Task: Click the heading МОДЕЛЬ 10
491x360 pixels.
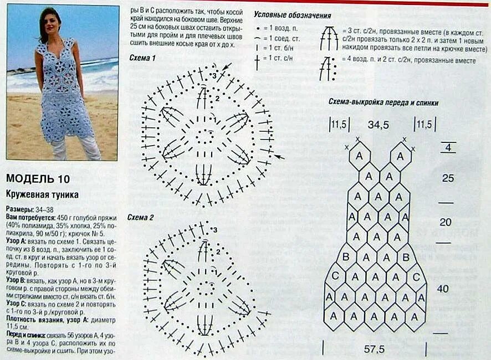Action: click(x=38, y=178)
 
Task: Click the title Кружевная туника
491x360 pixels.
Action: click(x=42, y=195)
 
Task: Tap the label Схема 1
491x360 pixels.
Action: click(x=142, y=58)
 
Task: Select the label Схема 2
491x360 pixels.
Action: click(x=141, y=217)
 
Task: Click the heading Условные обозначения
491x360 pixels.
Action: click(x=292, y=16)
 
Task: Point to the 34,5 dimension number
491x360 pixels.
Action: click(x=378, y=125)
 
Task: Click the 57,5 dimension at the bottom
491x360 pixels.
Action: click(x=375, y=350)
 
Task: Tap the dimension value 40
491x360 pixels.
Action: click(x=443, y=289)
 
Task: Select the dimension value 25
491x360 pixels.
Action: click(x=448, y=178)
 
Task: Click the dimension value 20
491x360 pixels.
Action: click(x=445, y=222)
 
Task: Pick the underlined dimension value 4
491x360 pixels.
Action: click(x=448, y=148)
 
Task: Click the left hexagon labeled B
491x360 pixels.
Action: click(x=346, y=257)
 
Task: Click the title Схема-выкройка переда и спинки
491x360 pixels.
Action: click(x=383, y=102)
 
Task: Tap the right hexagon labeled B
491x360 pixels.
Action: click(x=405, y=257)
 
